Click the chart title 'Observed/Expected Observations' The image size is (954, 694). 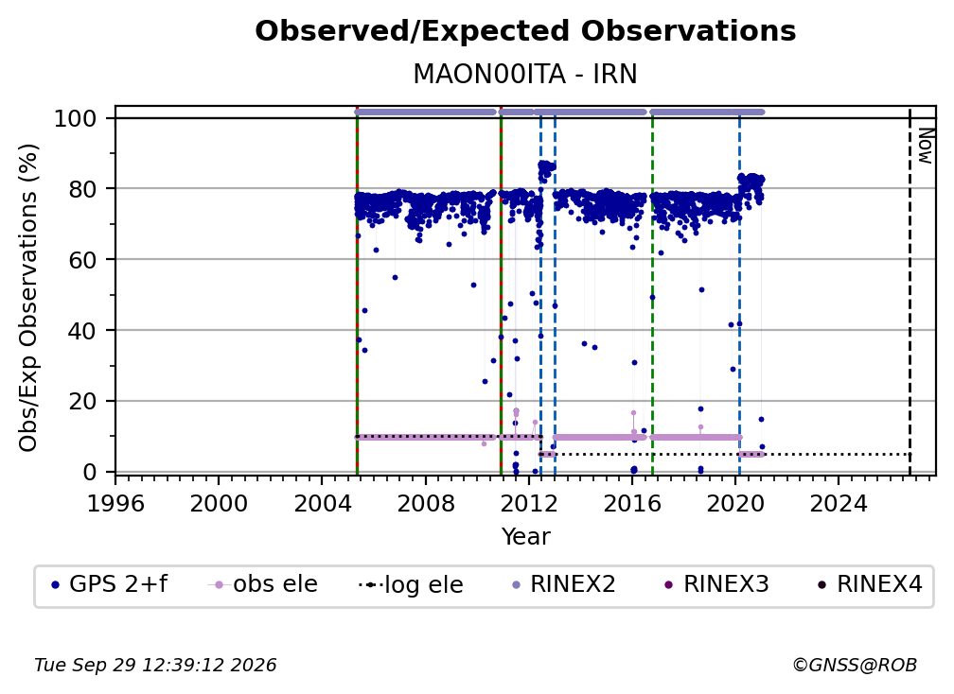click(525, 31)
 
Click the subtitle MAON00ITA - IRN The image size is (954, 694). click(525, 74)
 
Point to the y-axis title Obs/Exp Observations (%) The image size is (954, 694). click(28, 298)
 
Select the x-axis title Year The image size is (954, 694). click(525, 537)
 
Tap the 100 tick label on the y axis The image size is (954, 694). click(76, 118)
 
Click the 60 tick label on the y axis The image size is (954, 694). click(82, 260)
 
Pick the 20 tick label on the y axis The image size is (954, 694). click(82, 402)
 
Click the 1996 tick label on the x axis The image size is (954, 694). click(115, 504)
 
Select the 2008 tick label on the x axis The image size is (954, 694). click(425, 504)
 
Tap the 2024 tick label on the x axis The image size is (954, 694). click(839, 504)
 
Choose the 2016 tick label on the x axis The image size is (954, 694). click(631, 504)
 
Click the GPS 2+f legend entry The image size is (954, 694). click(109, 584)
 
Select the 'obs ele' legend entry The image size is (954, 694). click(263, 584)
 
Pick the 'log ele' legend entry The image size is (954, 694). click(412, 584)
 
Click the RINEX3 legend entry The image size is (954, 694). click(717, 584)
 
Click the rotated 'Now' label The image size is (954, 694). click(925, 146)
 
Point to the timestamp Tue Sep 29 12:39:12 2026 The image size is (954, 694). click(155, 666)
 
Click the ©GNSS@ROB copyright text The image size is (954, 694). click(855, 666)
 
